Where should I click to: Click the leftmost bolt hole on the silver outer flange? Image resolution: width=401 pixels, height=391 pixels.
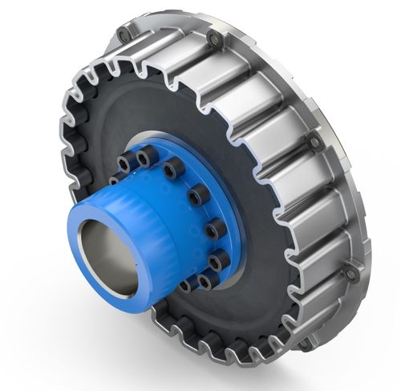coord(123,35)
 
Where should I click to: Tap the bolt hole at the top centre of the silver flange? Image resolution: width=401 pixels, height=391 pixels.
coord(214,39)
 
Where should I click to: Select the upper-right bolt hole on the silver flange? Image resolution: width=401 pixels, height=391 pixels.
coord(314,141)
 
